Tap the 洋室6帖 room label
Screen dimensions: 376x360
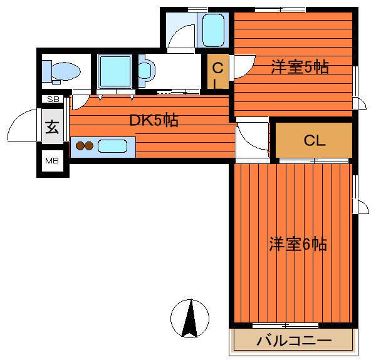coord(298,244)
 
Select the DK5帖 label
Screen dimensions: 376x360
coord(154,120)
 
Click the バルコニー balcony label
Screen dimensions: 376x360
coord(294,341)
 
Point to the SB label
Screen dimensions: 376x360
coord(53,99)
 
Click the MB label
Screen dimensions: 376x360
coord(52,161)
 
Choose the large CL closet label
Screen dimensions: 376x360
coord(315,140)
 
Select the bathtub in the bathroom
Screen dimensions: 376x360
coord(213,30)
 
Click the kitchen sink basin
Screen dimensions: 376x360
coord(112,146)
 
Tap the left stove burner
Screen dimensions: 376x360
coord(80,146)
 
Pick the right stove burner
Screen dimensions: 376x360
coord(89,146)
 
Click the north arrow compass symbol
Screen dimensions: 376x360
coord(190,319)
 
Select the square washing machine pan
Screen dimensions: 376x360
coord(115,71)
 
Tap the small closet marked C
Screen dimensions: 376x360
coord(217,71)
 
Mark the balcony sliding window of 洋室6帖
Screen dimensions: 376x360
coord(285,326)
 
